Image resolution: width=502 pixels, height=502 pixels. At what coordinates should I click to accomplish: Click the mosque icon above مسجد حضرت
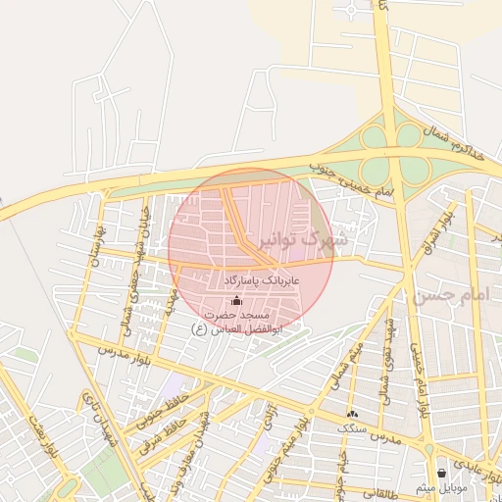234,300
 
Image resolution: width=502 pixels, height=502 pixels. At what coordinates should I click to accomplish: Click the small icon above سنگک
352,414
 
